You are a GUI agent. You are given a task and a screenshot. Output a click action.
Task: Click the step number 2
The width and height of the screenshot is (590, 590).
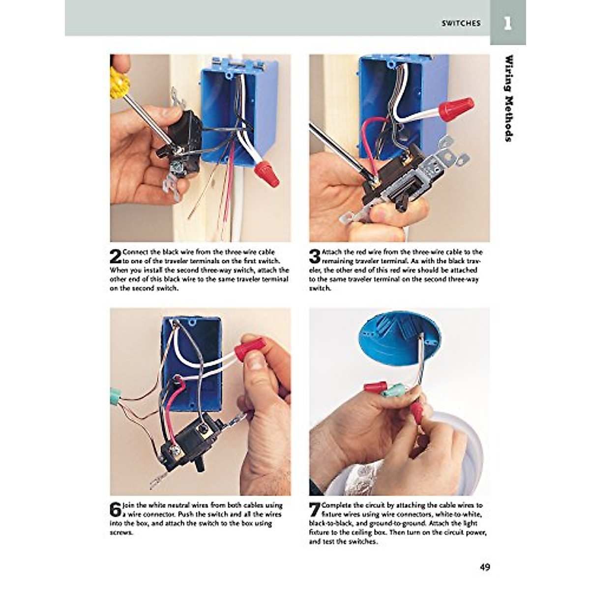116,257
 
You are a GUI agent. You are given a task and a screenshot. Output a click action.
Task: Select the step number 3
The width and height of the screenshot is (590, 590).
315,257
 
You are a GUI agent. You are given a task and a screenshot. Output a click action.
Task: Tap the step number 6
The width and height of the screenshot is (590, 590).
116,509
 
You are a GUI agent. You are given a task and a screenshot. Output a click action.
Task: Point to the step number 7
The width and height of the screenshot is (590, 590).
315,509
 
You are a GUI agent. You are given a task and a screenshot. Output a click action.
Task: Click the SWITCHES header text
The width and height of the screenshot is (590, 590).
461,23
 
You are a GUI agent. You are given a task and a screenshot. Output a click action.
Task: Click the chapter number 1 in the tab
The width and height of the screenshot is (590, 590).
507,23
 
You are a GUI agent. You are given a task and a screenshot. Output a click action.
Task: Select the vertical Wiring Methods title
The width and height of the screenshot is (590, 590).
509,98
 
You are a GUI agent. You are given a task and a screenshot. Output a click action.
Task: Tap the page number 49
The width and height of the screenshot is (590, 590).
485,567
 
